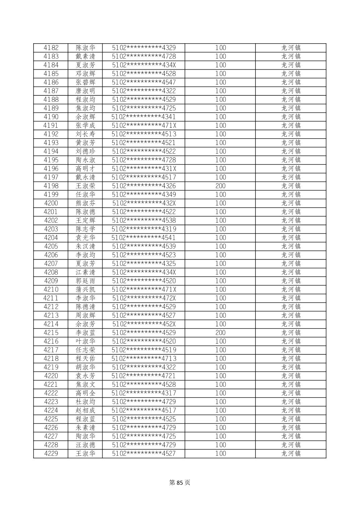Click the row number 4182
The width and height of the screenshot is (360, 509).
pyautogui.click(x=51, y=48)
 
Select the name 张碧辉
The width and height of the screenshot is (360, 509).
pyautogui.click(x=85, y=82)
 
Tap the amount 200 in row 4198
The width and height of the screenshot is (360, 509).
pyautogui.click(x=220, y=186)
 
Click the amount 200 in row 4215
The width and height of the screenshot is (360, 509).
pyautogui.click(x=220, y=333)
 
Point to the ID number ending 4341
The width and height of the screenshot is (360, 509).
pyautogui.click(x=143, y=117)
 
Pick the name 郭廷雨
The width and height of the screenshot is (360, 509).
pyautogui.click(x=85, y=281)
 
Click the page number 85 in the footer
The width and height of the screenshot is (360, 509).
pyautogui.click(x=180, y=483)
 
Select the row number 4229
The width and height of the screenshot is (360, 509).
pyautogui.click(x=51, y=453)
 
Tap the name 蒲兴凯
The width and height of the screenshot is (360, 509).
pyautogui.click(x=85, y=290)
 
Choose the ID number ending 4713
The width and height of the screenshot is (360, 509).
pyautogui.click(x=143, y=359)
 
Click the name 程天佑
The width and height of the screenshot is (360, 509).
pyautogui.click(x=85, y=359)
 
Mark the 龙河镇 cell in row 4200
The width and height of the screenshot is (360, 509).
pyautogui.click(x=291, y=203)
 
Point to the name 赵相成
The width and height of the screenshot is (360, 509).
pyautogui.click(x=85, y=411)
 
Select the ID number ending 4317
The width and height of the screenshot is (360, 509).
pyautogui.click(x=143, y=393)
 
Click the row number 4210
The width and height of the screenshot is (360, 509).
pyautogui.click(x=51, y=290)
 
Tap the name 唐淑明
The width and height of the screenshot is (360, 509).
pyautogui.click(x=85, y=91)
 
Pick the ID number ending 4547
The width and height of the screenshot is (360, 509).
pyautogui.click(x=143, y=82)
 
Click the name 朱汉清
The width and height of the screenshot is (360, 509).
pyautogui.click(x=85, y=246)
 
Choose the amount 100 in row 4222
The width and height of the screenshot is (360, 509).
pyautogui.click(x=220, y=393)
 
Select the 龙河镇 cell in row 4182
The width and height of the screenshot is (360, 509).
pyautogui.click(x=291, y=48)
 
